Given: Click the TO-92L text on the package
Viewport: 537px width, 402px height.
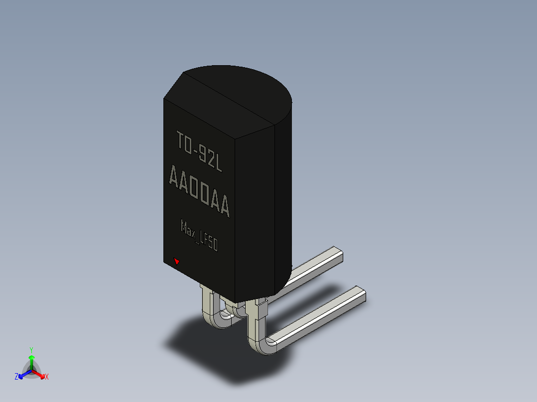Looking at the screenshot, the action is [x=199, y=152].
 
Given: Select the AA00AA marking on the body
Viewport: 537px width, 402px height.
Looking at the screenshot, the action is [x=199, y=191].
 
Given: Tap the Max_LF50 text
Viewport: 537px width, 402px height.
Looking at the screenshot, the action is [x=199, y=236].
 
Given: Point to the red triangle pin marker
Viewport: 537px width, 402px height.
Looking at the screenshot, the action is [x=176, y=261].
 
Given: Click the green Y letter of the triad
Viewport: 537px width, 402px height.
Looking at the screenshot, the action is [x=31, y=350].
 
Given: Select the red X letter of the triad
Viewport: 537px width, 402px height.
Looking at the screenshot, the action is [x=47, y=377].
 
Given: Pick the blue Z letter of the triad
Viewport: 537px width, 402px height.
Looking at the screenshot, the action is [x=16, y=376].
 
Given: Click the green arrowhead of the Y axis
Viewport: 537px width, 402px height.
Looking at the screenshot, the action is [x=31, y=358].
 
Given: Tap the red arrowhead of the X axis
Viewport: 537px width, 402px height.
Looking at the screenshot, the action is [x=42, y=377].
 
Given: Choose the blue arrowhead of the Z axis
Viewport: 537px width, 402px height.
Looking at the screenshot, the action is [x=21, y=376].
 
